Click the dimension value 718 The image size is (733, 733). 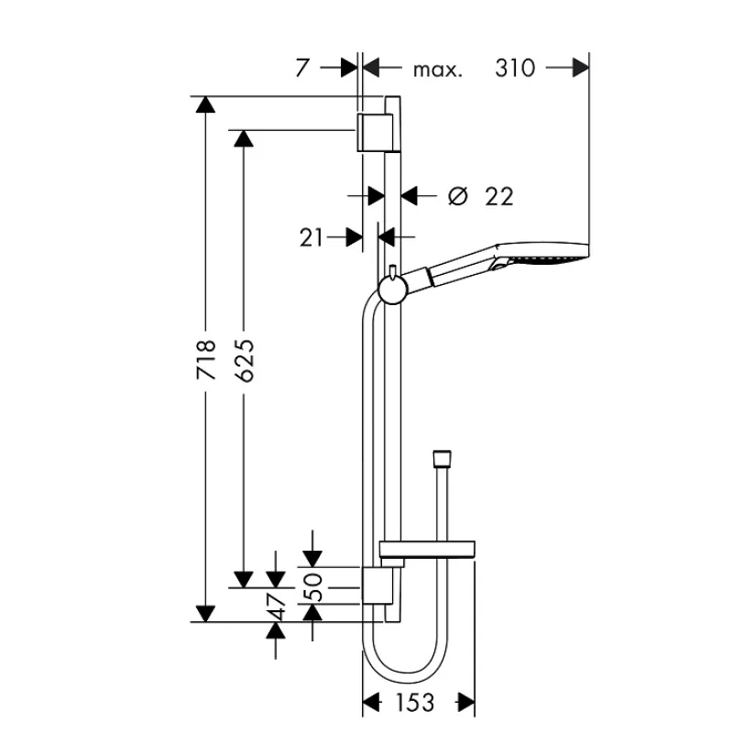tap(206, 360)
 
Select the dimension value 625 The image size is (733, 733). tap(244, 360)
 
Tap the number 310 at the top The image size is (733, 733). tap(515, 68)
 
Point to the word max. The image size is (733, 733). tap(438, 71)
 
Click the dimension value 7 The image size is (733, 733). tap(302, 68)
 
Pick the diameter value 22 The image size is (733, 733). tap(499, 196)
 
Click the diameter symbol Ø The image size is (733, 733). tap(457, 196)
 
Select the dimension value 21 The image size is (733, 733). tap(312, 237)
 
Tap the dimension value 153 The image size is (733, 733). tap(415, 702)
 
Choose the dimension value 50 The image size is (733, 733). tap(313, 587)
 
